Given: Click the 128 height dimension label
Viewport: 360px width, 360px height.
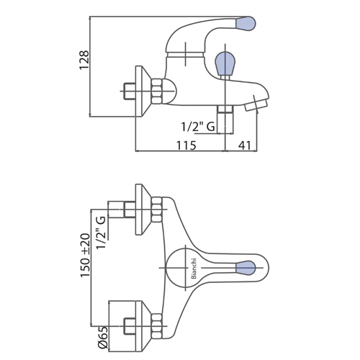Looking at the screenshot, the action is (x=84, y=60).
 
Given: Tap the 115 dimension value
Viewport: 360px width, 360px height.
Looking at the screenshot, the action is (x=186, y=145).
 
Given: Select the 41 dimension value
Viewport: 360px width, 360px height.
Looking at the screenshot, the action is (x=245, y=145).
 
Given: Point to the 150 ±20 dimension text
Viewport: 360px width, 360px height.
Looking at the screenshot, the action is (x=85, y=256).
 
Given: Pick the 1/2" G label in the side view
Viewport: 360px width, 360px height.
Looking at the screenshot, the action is (x=198, y=127).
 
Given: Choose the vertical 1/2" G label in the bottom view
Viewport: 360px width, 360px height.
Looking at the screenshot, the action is (x=101, y=233).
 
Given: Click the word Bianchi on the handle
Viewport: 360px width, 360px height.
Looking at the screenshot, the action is (x=194, y=269).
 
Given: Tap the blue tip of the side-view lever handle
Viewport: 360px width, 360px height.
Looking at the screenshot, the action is (x=245, y=24).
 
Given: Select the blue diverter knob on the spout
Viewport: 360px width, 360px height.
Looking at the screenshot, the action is (x=225, y=63).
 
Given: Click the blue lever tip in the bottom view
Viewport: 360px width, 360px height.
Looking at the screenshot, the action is (x=246, y=268).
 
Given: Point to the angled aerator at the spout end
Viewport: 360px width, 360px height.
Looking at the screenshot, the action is (x=256, y=106).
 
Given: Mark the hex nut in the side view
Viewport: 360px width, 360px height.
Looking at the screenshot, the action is (x=157, y=91).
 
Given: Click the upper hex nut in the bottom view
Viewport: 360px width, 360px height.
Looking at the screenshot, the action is (x=157, y=210).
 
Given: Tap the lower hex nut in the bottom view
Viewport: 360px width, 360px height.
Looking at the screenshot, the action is (x=157, y=326).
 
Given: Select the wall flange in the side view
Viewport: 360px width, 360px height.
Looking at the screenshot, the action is (x=143, y=91).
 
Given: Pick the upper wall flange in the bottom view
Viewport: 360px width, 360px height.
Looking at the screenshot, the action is (x=143, y=210).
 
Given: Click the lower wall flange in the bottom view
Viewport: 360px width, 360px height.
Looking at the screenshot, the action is (x=143, y=326).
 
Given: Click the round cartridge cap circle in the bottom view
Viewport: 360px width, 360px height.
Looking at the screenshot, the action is (x=166, y=268).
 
